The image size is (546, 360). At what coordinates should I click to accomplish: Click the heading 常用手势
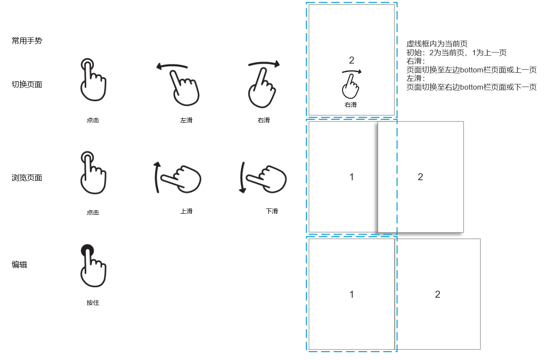[27, 41]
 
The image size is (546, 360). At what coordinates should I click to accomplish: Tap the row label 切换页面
[27, 85]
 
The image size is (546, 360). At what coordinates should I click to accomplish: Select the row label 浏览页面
[27, 178]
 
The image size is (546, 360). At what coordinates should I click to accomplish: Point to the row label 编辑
[19, 265]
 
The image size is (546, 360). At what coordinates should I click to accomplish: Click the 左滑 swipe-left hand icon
[179, 84]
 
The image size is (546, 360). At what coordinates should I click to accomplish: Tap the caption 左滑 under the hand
[187, 120]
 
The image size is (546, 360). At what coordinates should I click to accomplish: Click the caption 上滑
[187, 211]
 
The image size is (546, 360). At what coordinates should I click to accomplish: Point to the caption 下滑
[272, 211]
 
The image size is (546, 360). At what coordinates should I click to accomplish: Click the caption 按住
[93, 303]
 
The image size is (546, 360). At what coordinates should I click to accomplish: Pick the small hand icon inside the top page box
[351, 87]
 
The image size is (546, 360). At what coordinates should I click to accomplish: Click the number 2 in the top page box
[351, 61]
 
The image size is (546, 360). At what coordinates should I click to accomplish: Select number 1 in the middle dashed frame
[351, 177]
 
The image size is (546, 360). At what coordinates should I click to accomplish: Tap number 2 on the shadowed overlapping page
[420, 177]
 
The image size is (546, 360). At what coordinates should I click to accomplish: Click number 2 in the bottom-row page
[437, 295]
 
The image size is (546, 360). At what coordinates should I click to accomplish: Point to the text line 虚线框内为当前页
[437, 44]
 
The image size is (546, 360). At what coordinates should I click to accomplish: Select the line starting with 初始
[456, 53]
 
